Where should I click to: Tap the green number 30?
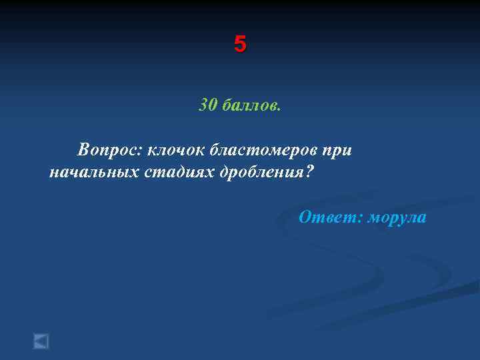208,105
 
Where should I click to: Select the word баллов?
249,105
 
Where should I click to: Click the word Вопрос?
108,149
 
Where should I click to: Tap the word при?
337,151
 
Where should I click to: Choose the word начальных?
93,173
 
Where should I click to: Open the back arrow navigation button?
41,341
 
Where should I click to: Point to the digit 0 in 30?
213,105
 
